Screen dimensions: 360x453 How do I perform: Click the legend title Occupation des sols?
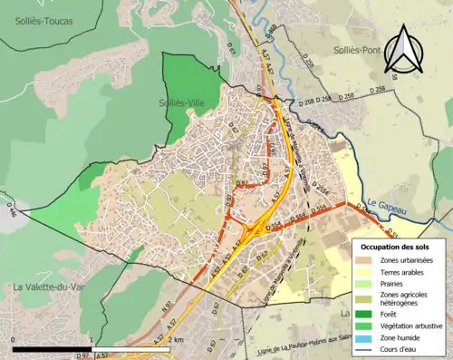(x=398, y=247)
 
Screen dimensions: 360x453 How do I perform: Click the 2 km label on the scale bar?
(x=177, y=340)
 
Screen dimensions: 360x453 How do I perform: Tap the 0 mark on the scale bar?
(x=14, y=340)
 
